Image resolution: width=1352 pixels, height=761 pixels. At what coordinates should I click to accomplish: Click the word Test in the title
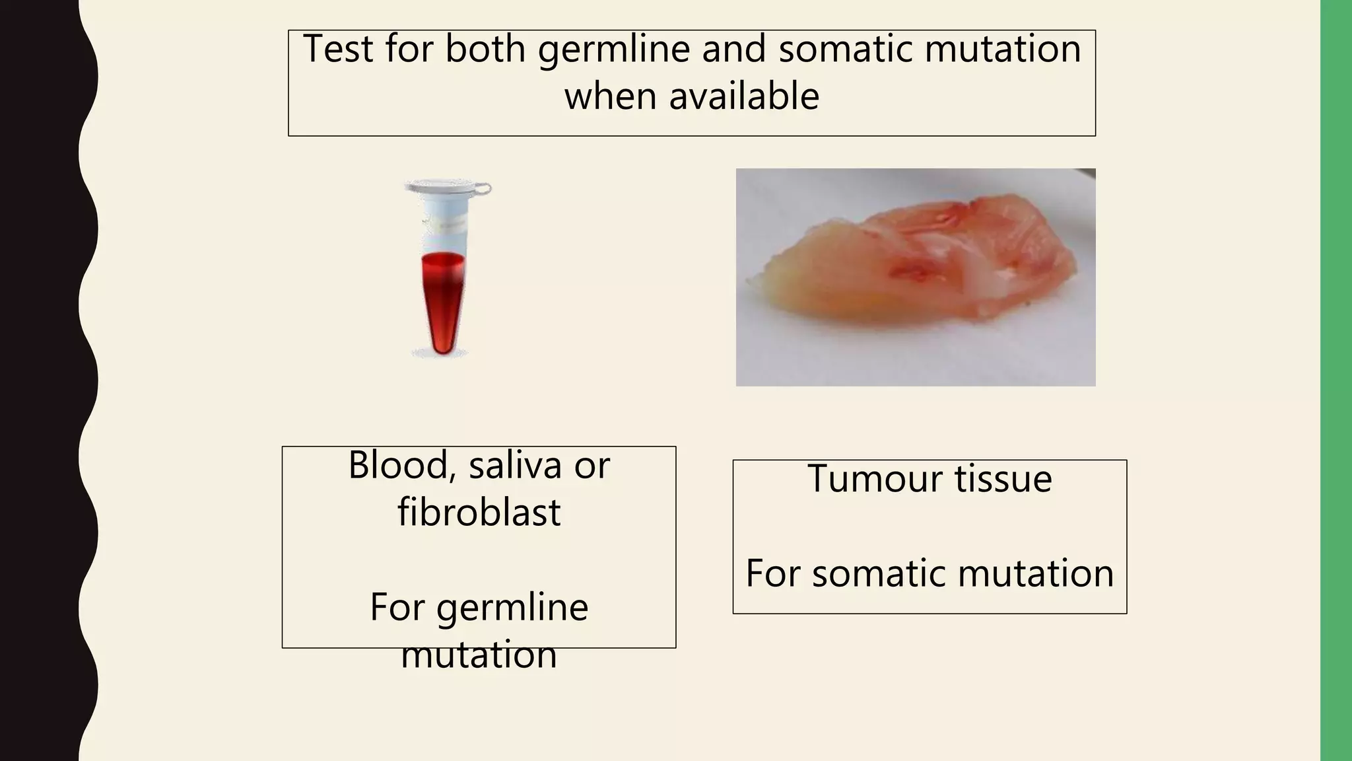click(x=338, y=49)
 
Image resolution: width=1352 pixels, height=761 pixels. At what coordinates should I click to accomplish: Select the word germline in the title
click(x=613, y=50)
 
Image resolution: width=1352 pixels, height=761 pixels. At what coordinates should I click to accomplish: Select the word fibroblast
click(x=479, y=513)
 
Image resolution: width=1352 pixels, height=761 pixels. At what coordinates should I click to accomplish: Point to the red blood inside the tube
click(x=443, y=297)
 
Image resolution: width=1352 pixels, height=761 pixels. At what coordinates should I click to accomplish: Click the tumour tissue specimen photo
click(x=915, y=277)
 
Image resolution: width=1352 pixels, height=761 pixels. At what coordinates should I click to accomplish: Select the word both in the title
click(x=485, y=49)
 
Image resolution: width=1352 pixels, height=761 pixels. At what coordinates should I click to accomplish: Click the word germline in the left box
click(x=512, y=608)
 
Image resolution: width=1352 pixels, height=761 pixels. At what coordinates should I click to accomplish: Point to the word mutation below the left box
click(x=479, y=655)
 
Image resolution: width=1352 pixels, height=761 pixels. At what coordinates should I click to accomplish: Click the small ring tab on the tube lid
click(x=483, y=190)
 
